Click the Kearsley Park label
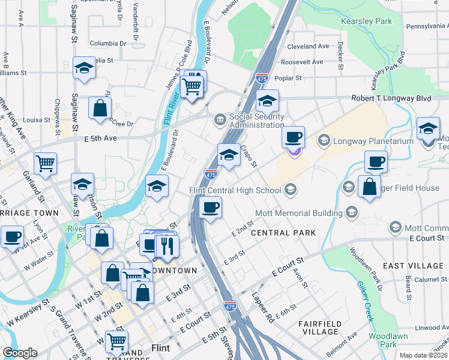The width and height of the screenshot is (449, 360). pyautogui.click(x=366, y=21)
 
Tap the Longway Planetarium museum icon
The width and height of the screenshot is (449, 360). pyautogui.click(x=324, y=141)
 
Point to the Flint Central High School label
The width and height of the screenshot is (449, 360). pyautogui.click(x=235, y=191)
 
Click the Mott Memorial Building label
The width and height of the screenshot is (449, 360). pyautogui.click(x=303, y=212)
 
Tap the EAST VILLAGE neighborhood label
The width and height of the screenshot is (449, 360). pyautogui.click(x=413, y=266)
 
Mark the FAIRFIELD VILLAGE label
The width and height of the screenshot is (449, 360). pyautogui.click(x=320, y=328)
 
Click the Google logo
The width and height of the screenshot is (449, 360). pyautogui.click(x=20, y=353)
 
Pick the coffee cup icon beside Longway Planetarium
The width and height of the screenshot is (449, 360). pyautogui.click(x=293, y=137)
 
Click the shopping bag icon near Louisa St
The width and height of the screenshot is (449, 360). pyautogui.click(x=100, y=109)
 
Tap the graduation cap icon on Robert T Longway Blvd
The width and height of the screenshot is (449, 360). pyautogui.click(x=268, y=100)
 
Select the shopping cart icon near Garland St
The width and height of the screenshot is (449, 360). pyautogui.click(x=46, y=163)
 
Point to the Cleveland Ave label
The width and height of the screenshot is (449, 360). pyautogui.click(x=308, y=46)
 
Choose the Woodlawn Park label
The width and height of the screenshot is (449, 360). pyautogui.click(x=382, y=340)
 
